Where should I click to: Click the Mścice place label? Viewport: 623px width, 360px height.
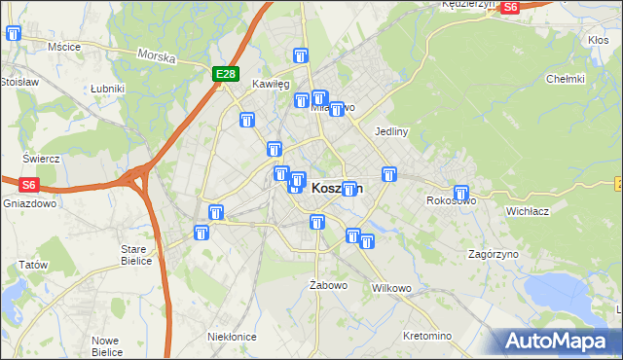point(63,46)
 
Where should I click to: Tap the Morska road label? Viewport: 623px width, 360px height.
point(157,57)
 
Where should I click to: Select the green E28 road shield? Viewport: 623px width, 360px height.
point(225,74)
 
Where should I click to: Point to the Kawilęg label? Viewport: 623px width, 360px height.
point(272,85)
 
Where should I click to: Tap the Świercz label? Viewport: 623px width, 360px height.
point(42,159)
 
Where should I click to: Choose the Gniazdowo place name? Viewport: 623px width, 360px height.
point(30,205)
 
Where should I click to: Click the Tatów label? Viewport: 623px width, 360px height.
point(33,265)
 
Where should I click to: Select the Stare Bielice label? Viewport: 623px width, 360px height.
point(134,255)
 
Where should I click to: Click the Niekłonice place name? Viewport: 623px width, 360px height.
point(232,336)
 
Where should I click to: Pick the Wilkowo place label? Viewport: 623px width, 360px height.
point(392,289)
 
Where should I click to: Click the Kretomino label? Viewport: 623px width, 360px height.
point(427,336)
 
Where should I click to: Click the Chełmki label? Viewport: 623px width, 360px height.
point(565,79)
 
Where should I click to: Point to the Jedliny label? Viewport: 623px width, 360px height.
point(390,130)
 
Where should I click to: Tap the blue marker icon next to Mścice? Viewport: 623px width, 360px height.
point(14,33)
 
